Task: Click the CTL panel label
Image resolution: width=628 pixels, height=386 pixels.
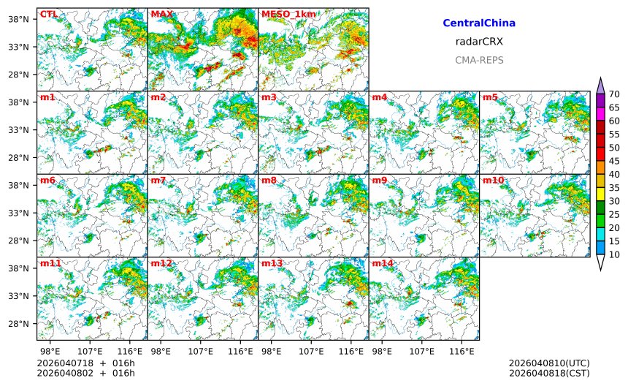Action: (47, 14)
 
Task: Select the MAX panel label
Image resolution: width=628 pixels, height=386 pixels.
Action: (161, 14)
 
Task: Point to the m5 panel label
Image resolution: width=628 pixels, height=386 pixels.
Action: (490, 97)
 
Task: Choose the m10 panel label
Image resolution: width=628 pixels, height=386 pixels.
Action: (493, 180)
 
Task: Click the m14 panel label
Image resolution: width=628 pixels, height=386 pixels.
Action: (383, 263)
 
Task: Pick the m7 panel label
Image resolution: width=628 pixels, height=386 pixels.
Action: (158, 180)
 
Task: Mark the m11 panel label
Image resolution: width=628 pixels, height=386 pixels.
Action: (50, 263)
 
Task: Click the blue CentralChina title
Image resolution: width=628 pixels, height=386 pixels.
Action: (479, 23)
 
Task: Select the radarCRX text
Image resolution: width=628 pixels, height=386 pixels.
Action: (479, 42)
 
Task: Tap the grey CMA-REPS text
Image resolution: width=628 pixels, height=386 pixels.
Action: (479, 60)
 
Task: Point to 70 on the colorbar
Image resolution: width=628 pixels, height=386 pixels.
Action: (614, 94)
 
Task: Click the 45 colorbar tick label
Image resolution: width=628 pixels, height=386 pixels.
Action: (614, 161)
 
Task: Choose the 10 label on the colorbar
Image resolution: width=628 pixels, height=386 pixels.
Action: (614, 254)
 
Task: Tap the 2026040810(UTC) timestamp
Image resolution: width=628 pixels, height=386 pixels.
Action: (549, 363)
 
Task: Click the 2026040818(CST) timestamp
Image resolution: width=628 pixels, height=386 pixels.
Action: (549, 374)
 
